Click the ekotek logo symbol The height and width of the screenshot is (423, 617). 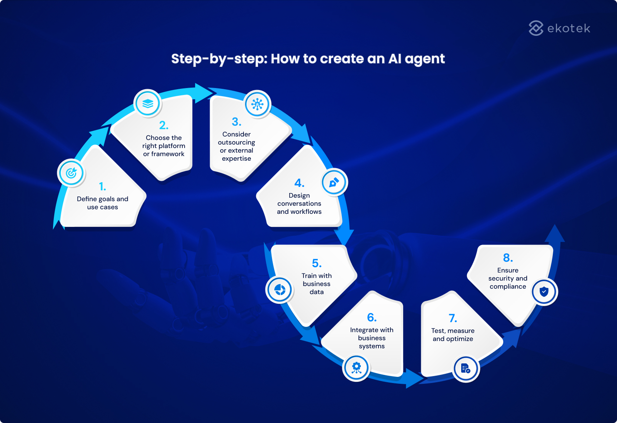pos(536,28)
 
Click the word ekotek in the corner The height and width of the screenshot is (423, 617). pos(569,28)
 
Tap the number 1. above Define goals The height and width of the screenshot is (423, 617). pos(102,187)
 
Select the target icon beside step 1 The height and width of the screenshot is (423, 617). pos(71,173)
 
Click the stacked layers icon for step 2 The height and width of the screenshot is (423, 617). pos(148,103)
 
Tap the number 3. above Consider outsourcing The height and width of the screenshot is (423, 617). pos(237,122)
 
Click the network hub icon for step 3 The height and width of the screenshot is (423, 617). pos(257,104)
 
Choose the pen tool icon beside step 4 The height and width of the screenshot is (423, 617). pos(334,182)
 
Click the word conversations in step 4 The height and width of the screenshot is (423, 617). pos(299,203)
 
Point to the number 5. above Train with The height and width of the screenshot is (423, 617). pos(317,263)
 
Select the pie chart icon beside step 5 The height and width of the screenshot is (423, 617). pos(280,290)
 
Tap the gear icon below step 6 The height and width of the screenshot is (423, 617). pos(356,367)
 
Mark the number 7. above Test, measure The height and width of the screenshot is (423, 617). pos(453,318)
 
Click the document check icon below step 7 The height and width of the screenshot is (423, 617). pos(465,369)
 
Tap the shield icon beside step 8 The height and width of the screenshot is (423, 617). pos(544,292)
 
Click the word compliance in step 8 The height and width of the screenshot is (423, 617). pos(508,286)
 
